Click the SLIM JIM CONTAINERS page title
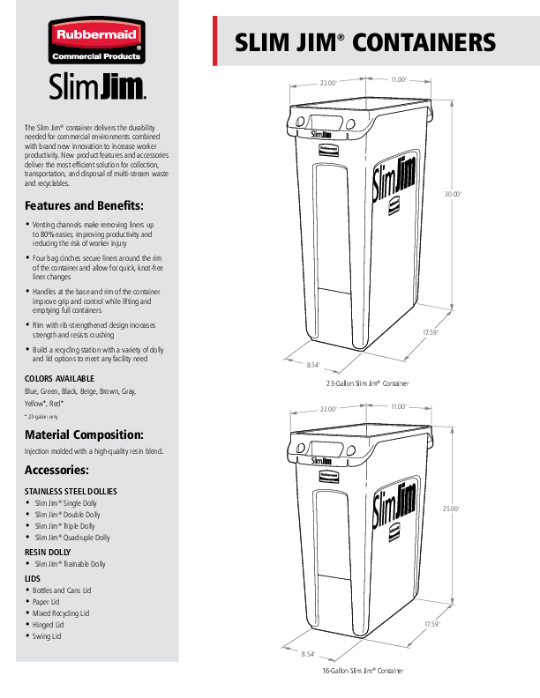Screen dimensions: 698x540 coord(364,42)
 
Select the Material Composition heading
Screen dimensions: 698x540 coord(83,434)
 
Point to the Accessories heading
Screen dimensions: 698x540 coord(56,470)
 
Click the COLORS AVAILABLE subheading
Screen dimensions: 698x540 coord(59,378)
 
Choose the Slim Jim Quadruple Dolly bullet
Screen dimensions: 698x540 coord(72,538)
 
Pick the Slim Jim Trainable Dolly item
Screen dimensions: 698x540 coord(70,564)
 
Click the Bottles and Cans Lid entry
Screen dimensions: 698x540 coord(63,590)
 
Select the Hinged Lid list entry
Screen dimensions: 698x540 coord(49,625)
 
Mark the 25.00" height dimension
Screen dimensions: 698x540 coord(451,509)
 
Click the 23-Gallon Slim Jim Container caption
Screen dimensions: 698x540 coord(368,384)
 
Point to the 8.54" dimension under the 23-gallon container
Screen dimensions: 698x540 coord(311,364)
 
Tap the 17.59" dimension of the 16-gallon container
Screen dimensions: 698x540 coord(431,624)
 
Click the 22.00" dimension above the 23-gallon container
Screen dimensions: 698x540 coord(328,82)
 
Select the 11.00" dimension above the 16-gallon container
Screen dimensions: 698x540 coord(397,407)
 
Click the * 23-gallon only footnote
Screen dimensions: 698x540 coord(41,416)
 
